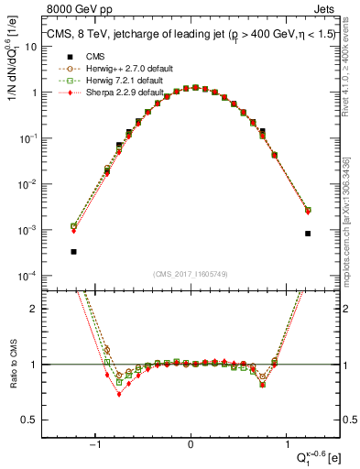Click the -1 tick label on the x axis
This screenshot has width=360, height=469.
[95, 445]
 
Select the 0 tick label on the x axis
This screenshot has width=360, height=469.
[191, 445]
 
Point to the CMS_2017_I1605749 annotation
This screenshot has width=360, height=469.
[191, 273]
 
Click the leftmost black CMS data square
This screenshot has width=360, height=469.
[73, 251]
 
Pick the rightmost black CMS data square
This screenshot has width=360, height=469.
[308, 234]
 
